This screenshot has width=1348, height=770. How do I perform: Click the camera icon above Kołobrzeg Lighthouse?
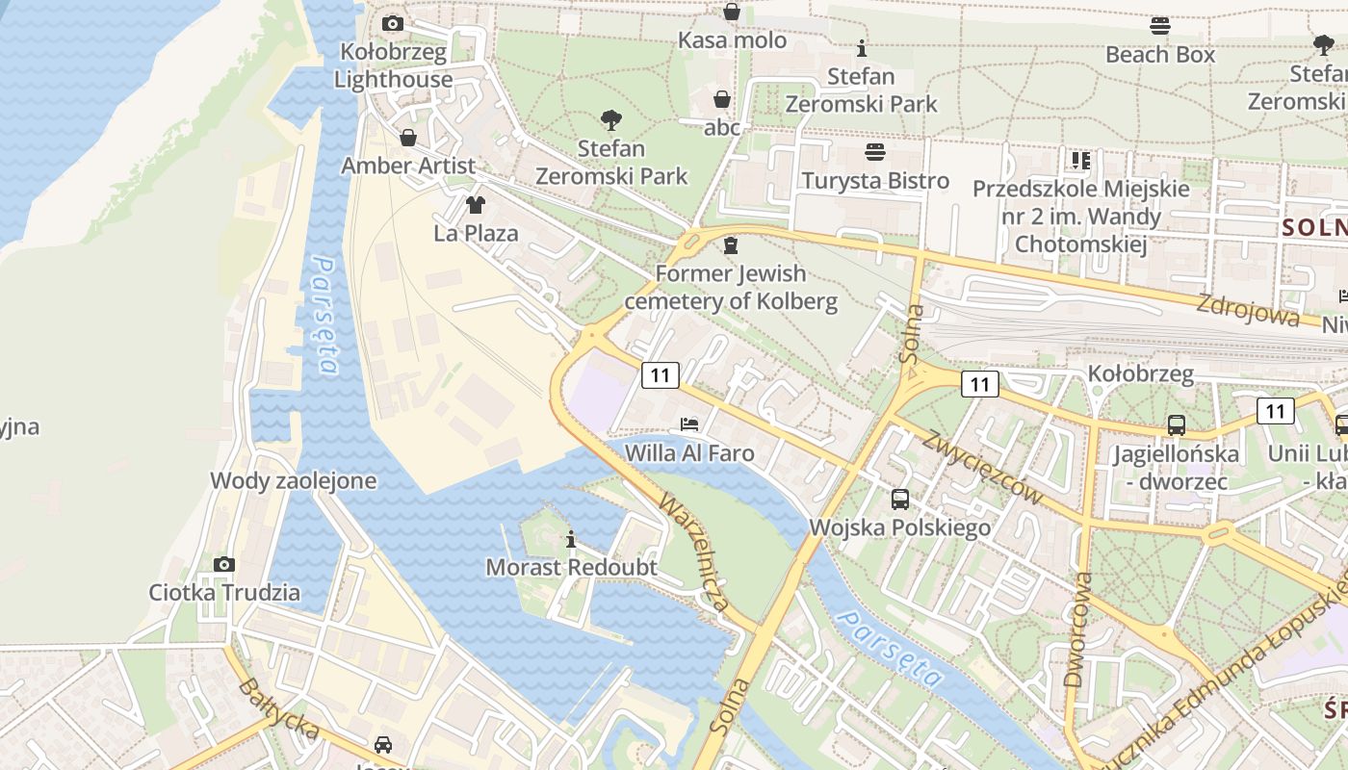click(x=393, y=23)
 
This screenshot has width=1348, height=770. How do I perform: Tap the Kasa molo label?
click(x=733, y=40)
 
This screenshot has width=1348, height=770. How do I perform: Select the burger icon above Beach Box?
click(x=1160, y=26)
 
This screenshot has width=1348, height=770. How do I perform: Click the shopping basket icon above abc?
click(x=722, y=99)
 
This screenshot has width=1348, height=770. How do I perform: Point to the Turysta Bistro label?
click(x=875, y=181)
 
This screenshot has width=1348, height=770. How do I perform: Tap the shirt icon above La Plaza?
click(x=476, y=204)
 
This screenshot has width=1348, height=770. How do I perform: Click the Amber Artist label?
click(x=408, y=166)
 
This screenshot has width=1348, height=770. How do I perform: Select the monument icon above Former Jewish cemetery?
click(x=731, y=245)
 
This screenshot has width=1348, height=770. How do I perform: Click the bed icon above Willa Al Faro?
click(x=689, y=423)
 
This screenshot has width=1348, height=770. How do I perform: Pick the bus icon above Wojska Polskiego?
click(x=900, y=499)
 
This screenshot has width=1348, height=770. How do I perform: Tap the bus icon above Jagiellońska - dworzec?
click(x=1176, y=424)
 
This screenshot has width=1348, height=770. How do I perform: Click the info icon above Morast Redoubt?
click(x=571, y=538)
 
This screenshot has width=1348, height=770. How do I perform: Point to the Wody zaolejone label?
click(x=294, y=481)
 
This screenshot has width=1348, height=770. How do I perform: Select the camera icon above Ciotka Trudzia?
click(x=224, y=564)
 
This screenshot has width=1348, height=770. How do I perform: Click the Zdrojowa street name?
click(x=1247, y=310)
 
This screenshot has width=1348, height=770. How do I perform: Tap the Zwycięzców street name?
click(x=982, y=468)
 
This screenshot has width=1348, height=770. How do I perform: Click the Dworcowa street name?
click(x=1078, y=629)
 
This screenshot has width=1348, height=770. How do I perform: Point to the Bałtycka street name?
click(x=278, y=708)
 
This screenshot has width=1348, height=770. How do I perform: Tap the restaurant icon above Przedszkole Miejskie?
click(x=1081, y=160)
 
